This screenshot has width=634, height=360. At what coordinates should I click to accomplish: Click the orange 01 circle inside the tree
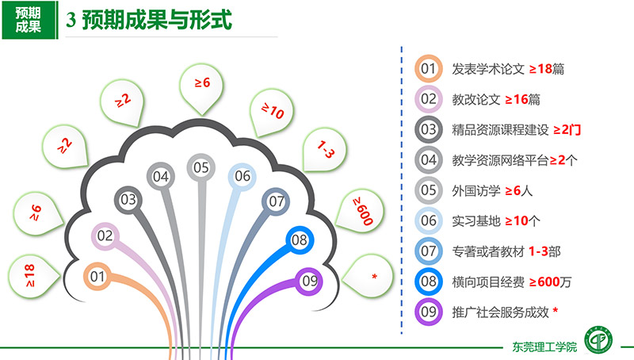point(97,277)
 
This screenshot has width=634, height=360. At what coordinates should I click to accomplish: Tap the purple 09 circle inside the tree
point(309,281)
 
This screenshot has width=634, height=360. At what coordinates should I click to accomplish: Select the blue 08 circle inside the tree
point(300,239)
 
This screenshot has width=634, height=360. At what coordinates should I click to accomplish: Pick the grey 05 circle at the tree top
point(201,167)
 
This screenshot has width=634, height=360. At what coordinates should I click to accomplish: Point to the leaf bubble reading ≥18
point(33,276)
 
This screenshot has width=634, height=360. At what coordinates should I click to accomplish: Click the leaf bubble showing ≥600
point(361,211)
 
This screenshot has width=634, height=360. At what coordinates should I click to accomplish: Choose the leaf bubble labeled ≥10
point(271,112)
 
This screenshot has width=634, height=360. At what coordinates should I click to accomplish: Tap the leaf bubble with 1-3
point(325,150)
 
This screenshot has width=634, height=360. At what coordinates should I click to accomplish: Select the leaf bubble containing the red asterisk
point(369,276)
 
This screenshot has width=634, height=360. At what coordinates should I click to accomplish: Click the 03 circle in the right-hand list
point(429,130)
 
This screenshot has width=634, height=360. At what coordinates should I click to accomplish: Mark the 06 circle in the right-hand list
point(429,221)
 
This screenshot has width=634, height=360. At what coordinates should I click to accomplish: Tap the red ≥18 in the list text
point(540,69)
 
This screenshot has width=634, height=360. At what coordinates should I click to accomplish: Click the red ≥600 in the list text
point(544,282)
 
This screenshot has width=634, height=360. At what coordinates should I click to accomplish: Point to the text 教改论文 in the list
point(476,99)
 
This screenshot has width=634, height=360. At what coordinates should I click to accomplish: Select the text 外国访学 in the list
point(476,190)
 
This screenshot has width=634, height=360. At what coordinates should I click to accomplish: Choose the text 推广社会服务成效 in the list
point(501,312)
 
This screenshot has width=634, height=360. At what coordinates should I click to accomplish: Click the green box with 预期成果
point(29,20)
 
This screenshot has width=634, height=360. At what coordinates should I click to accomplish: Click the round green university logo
point(598,339)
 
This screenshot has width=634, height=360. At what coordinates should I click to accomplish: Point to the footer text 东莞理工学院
point(544,347)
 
